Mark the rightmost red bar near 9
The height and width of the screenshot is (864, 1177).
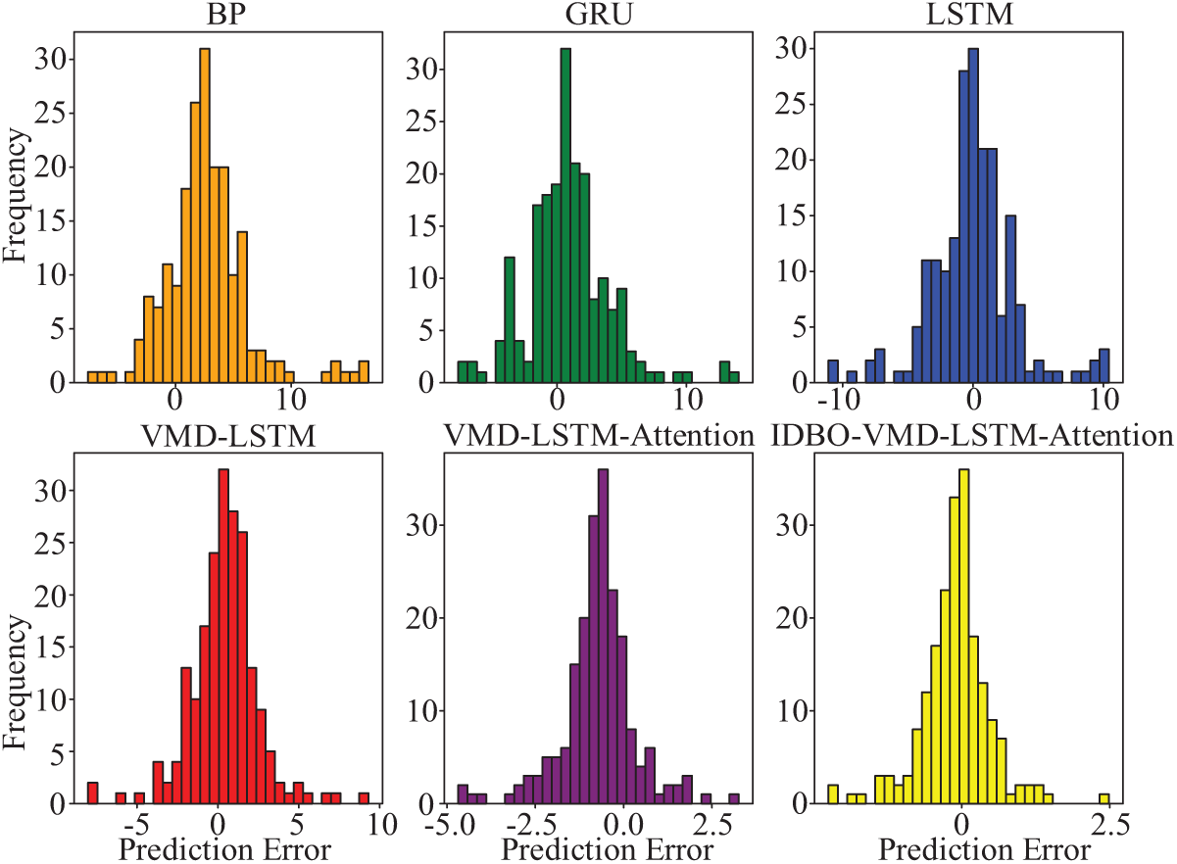(x=364, y=797)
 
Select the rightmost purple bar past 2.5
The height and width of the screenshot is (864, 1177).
(x=734, y=797)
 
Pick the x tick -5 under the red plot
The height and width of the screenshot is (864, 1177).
(x=139, y=821)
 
